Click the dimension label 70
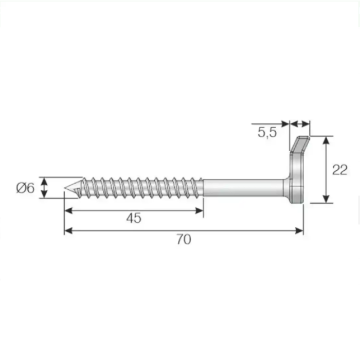tap(184, 239)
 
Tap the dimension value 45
tap(134, 218)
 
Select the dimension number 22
tap(340, 170)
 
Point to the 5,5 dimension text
tap(267, 133)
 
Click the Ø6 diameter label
tap(25, 188)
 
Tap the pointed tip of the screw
tap(64, 188)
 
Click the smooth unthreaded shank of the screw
tap(243, 188)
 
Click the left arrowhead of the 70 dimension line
tap(68, 230)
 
